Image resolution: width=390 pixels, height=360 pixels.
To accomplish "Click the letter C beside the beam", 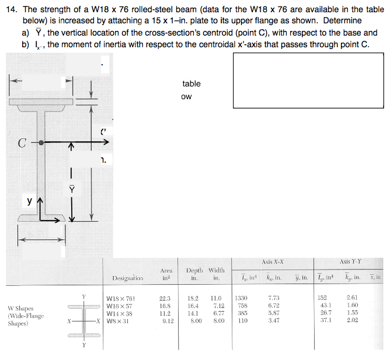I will click(x=22, y=142).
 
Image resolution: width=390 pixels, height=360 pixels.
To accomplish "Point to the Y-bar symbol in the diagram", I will click(x=72, y=190).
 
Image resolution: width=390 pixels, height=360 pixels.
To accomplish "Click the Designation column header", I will click(x=124, y=279).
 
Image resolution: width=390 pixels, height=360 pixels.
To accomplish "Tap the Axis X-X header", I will click(x=273, y=262).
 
